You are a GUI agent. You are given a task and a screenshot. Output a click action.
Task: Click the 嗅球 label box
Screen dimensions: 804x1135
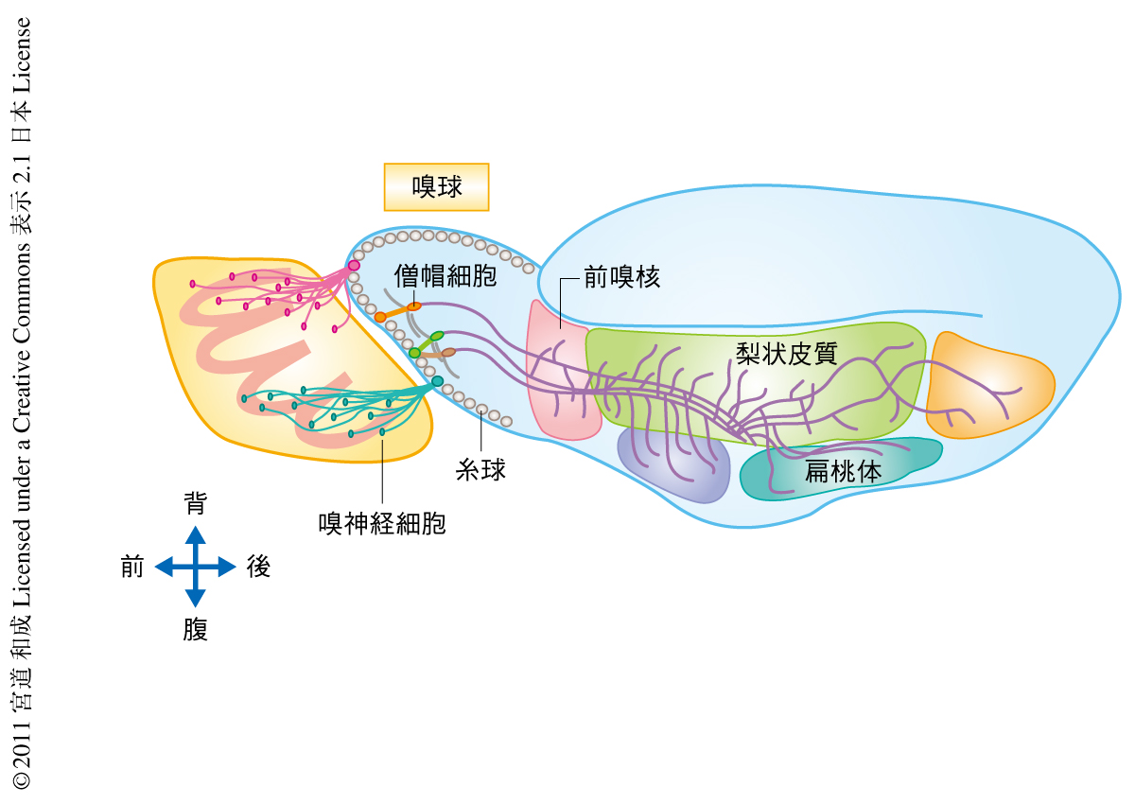[x=436, y=187]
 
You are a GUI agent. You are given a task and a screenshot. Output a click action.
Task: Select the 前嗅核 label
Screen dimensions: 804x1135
[x=621, y=277]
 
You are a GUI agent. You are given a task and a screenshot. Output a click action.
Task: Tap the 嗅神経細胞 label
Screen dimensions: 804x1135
[x=382, y=522]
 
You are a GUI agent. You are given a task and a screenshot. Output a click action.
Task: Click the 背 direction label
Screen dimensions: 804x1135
[x=195, y=504]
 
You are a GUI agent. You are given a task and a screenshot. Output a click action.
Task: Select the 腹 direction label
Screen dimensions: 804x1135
[x=195, y=630]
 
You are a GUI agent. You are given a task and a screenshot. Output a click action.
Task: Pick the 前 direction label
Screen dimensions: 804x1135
[x=132, y=568]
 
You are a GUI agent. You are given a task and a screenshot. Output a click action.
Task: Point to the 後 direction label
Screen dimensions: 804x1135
[x=258, y=568]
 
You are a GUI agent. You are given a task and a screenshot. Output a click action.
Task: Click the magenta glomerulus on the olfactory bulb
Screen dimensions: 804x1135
[x=354, y=266]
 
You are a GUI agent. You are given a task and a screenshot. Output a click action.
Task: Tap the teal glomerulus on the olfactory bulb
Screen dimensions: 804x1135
[x=437, y=381]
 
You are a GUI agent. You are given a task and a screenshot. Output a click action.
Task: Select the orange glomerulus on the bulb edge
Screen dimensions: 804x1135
[x=380, y=317]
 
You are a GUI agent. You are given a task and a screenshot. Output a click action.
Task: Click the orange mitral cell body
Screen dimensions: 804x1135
[x=414, y=306]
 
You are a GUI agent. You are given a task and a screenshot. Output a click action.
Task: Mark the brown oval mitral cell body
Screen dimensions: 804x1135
[x=448, y=352]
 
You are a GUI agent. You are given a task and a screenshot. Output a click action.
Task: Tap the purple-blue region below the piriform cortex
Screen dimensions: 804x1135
[x=672, y=463]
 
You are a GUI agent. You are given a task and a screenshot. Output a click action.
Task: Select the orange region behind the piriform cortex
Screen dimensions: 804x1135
[x=988, y=383]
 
